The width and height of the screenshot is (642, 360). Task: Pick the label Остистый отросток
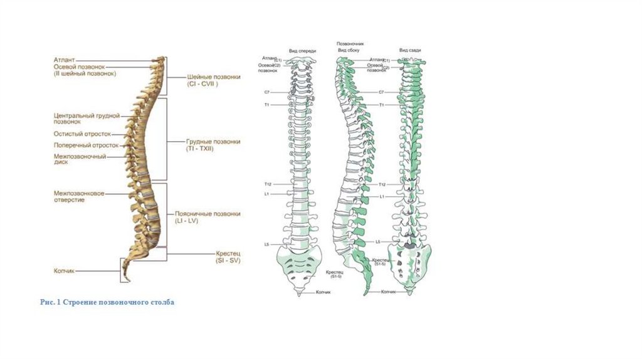(x=82, y=134)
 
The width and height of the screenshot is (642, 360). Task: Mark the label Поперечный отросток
(x=85, y=145)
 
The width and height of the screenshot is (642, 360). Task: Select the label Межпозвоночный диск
(x=79, y=159)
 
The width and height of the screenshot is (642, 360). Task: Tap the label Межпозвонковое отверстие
(x=78, y=197)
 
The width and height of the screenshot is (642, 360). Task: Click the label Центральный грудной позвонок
(x=86, y=119)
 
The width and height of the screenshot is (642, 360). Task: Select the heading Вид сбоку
(x=349, y=50)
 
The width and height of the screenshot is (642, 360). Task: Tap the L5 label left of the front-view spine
(x=266, y=243)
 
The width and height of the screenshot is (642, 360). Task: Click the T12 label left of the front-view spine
(x=266, y=184)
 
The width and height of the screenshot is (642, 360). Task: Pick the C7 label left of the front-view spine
(x=266, y=92)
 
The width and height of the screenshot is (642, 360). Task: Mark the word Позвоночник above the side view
(x=351, y=44)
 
